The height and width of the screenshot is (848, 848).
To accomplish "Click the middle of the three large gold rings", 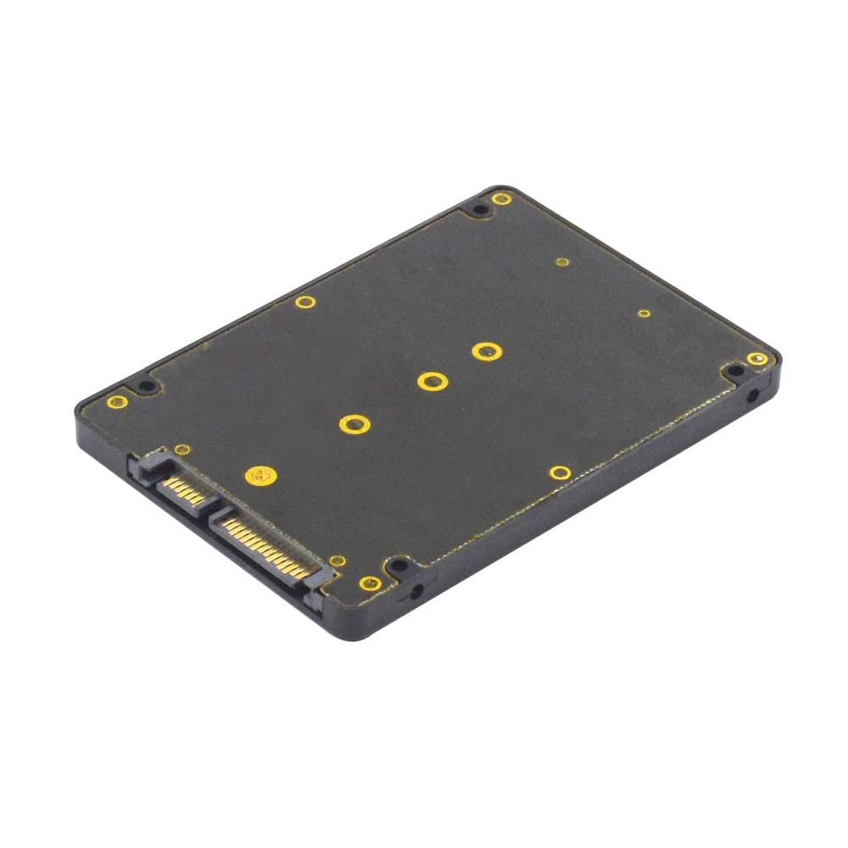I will point(432,381).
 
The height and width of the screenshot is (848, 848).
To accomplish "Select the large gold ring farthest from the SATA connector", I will point(485,350).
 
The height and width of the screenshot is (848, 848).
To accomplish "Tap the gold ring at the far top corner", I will point(502,198).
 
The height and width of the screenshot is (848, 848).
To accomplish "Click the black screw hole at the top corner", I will point(480,209).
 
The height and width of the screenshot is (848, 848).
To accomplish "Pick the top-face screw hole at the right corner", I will point(734,371).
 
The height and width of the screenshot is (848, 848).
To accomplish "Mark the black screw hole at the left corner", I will point(147,387).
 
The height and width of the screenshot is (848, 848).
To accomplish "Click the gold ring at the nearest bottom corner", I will point(370,583).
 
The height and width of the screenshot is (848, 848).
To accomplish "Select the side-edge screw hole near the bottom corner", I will point(416,589).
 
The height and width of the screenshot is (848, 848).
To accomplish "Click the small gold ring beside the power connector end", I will point(337,561).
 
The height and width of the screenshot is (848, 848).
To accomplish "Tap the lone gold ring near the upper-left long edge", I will point(305,301).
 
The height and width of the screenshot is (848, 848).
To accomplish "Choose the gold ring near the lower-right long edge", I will point(559,472).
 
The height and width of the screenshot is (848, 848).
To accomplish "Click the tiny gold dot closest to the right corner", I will point(644,313).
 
